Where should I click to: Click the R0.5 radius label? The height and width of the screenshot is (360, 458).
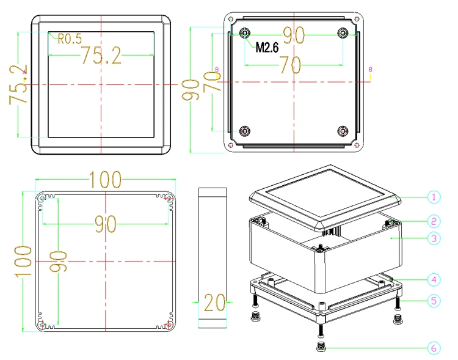coord(70,40)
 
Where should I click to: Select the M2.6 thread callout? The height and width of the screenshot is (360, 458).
coord(267,47)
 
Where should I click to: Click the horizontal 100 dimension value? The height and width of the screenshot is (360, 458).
coord(105,180)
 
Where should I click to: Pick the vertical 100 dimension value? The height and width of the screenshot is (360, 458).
coord(23,262)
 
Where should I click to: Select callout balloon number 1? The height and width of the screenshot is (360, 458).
coord(432,197)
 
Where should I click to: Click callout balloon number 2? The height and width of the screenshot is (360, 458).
coord(432,220)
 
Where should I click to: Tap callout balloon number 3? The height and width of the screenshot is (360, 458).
coord(432,239)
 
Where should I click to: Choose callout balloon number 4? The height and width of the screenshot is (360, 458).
coord(432,280)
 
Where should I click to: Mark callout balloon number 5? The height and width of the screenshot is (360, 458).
coord(432,300)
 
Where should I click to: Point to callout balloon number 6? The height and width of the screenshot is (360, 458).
coord(432,348)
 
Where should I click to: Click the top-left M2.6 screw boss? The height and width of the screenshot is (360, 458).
coord(245,33)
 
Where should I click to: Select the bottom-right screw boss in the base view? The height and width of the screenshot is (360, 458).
coord(343,131)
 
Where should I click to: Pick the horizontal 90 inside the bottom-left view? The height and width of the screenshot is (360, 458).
coord(105,224)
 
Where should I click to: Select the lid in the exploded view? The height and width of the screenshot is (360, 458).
coord(325,197)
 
